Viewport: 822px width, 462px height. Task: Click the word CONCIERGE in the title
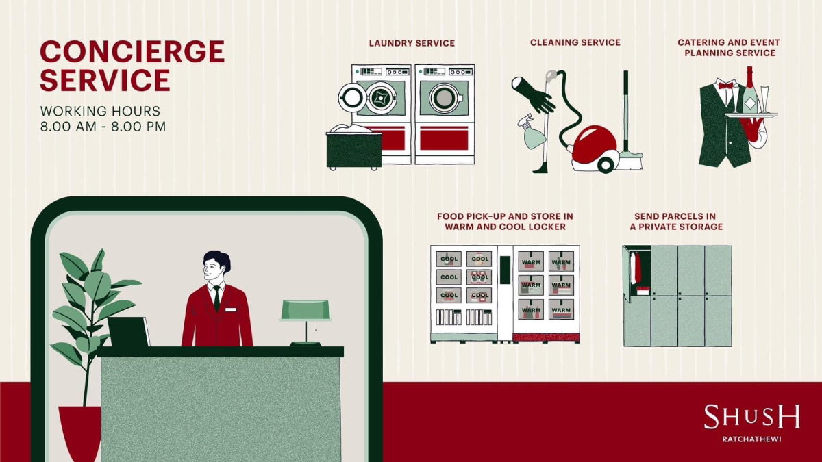tap(132, 51)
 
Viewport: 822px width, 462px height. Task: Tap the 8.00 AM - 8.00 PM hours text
tap(103, 127)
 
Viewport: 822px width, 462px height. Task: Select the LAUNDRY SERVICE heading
tap(412, 43)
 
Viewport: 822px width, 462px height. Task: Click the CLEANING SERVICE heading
tap(575, 42)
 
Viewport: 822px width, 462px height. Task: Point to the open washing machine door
tap(351, 97)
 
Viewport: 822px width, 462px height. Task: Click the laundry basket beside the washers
tap(353, 147)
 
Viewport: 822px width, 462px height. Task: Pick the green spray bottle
tap(532, 131)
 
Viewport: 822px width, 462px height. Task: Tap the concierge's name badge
tap(230, 310)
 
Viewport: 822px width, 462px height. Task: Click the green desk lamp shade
tap(306, 310)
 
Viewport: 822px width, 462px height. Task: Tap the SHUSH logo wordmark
tap(751, 417)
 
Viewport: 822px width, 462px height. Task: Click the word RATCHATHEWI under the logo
tap(751, 439)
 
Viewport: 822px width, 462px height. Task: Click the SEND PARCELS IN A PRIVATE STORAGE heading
tap(676, 222)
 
